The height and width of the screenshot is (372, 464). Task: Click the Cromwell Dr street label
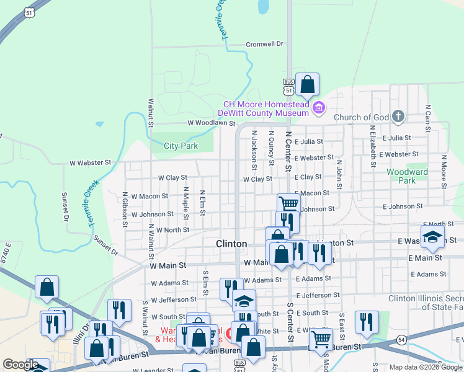tap(264, 44)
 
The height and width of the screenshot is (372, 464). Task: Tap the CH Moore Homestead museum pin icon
tap(319, 108)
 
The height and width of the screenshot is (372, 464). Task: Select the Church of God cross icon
tap(398, 117)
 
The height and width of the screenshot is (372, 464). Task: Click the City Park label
tap(181, 146)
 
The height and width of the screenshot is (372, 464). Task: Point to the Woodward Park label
tap(407, 176)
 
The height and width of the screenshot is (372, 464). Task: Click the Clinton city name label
tap(231, 244)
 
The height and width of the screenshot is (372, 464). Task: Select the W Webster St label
tap(90, 162)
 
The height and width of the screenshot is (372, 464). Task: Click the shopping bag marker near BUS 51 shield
tap(307, 85)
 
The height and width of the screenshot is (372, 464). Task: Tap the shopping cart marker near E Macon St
tap(288, 204)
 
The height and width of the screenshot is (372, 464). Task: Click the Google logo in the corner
tap(20, 365)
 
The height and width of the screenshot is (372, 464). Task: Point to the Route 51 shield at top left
tap(29, 13)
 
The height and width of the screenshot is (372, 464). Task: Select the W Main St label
tap(168, 265)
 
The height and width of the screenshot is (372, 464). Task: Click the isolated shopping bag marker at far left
tap(47, 287)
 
